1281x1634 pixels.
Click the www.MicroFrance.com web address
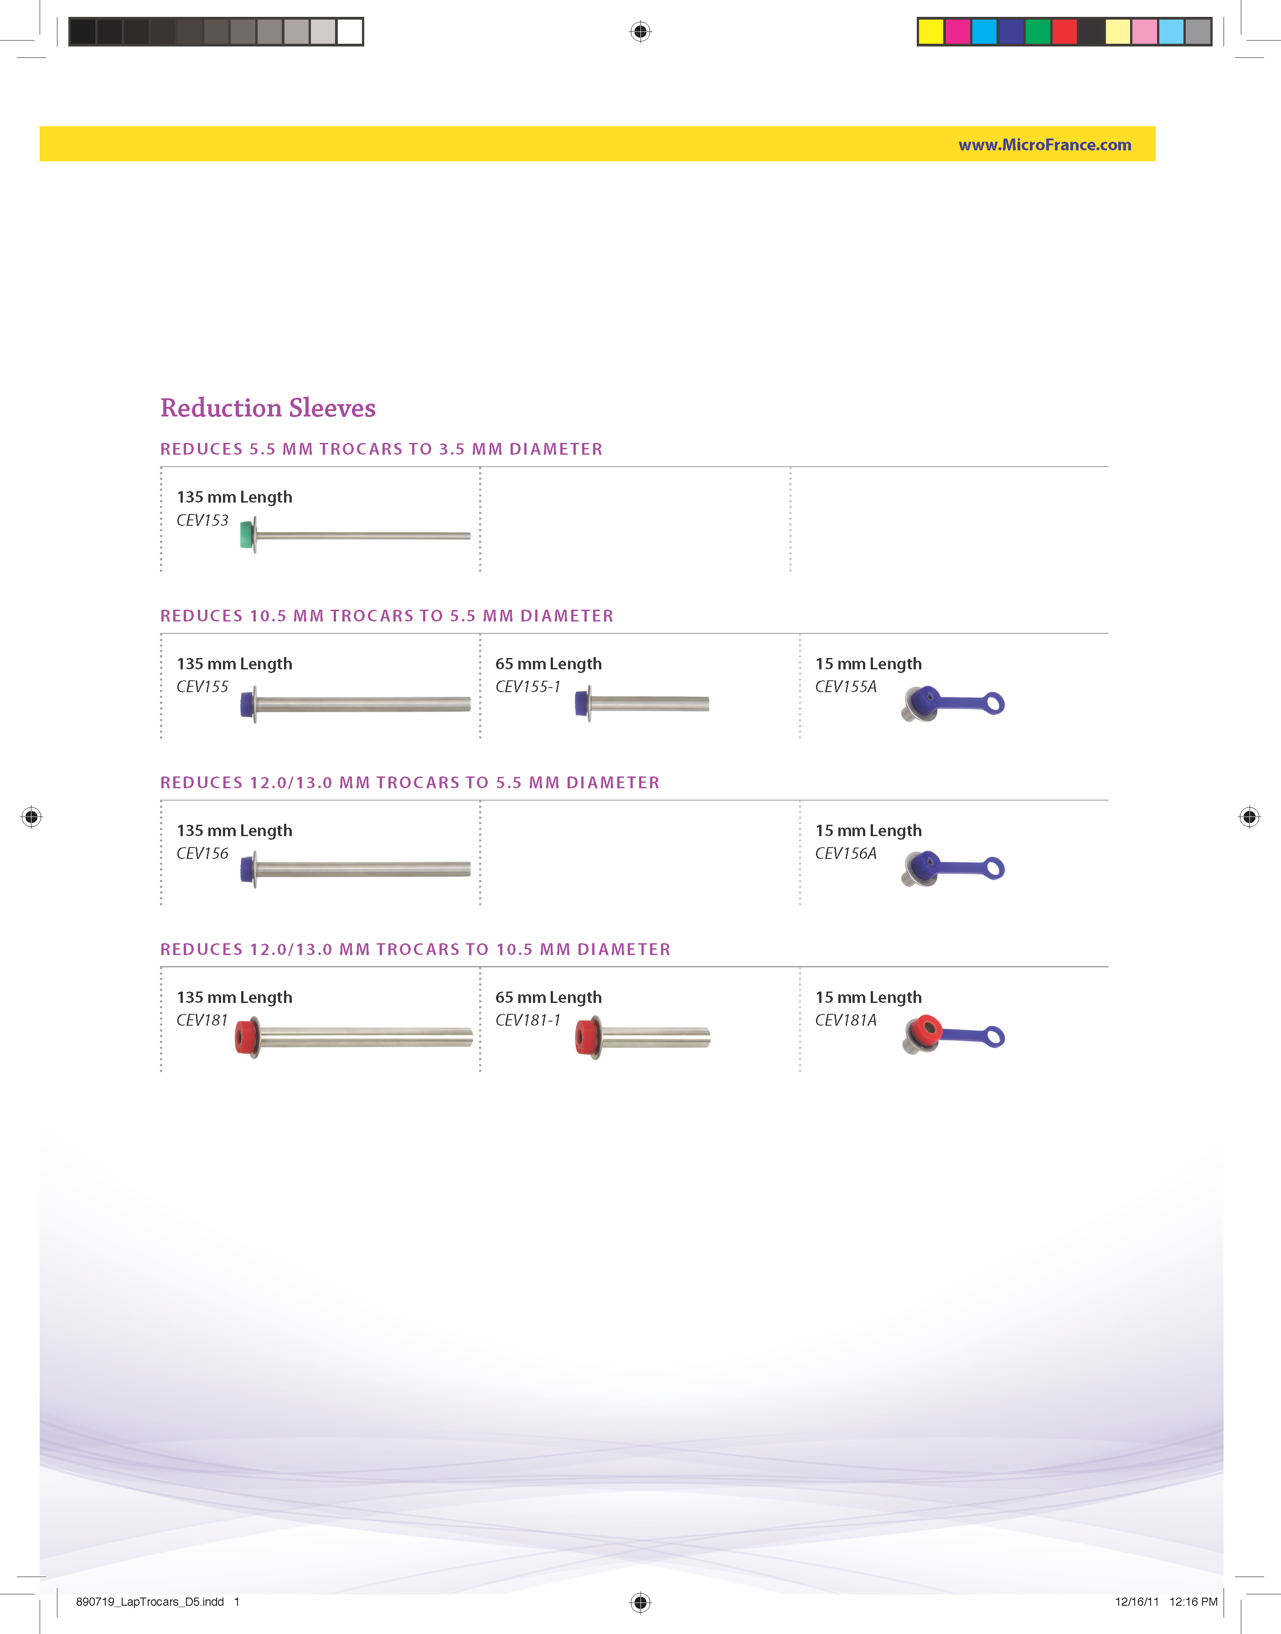tap(1045, 144)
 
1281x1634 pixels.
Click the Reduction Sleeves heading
tap(268, 408)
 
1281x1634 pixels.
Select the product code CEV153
tap(202, 520)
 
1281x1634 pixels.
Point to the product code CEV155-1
tap(528, 687)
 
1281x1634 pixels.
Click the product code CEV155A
tap(846, 687)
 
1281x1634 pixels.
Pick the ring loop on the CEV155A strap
tap(995, 703)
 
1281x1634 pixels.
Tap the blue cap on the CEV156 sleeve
tap(247, 869)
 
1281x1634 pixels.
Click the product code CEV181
tap(202, 1020)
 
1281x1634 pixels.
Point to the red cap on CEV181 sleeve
tap(244, 1037)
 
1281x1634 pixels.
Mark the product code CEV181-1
tap(528, 1020)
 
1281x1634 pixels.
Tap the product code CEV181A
tap(846, 1020)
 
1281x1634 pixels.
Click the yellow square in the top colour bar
tap(931, 31)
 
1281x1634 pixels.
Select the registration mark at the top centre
tap(640, 31)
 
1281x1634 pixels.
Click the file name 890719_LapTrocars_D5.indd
tap(150, 1602)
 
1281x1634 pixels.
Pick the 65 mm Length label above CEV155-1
tap(548, 664)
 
